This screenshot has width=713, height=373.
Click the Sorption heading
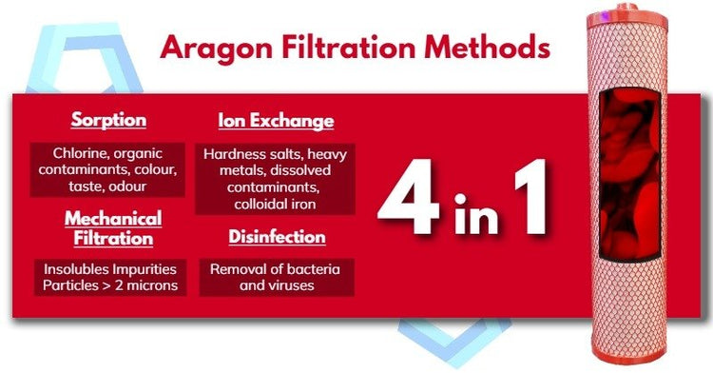108,121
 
